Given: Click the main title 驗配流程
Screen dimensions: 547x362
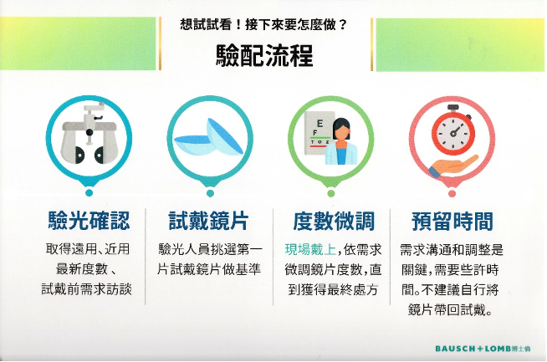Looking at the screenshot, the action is pyautogui.click(x=264, y=55).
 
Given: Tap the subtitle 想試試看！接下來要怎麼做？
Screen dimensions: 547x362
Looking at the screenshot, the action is pyautogui.click(x=263, y=25).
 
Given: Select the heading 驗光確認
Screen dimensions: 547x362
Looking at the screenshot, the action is pyautogui.click(x=89, y=221).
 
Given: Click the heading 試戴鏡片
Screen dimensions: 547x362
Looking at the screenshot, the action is pyautogui.click(x=208, y=221).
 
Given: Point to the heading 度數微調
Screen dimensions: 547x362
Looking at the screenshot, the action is pyautogui.click(x=334, y=221).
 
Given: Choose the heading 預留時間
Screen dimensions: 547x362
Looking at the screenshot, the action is pyautogui.click(x=452, y=221).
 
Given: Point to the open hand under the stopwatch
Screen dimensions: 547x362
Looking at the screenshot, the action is pyautogui.click(x=453, y=166).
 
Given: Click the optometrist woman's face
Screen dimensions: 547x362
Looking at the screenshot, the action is pyautogui.click(x=340, y=132).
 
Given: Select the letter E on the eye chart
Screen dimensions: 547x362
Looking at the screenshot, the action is pyautogui.click(x=320, y=124).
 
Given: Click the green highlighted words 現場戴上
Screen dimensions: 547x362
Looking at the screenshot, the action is pyautogui.click(x=310, y=250).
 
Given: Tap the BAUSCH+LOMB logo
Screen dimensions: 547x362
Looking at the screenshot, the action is pyautogui.click(x=483, y=349).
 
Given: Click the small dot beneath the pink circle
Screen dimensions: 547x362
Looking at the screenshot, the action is pyautogui.click(x=452, y=194).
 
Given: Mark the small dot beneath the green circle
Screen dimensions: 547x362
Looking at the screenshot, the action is pyautogui.click(x=331, y=193).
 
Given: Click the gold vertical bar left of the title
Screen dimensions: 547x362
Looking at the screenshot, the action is pyautogui.click(x=160, y=43).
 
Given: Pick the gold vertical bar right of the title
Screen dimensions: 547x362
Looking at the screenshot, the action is pyautogui.click(x=372, y=44).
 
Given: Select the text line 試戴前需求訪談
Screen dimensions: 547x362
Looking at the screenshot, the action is pyautogui.click(x=86, y=289).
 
